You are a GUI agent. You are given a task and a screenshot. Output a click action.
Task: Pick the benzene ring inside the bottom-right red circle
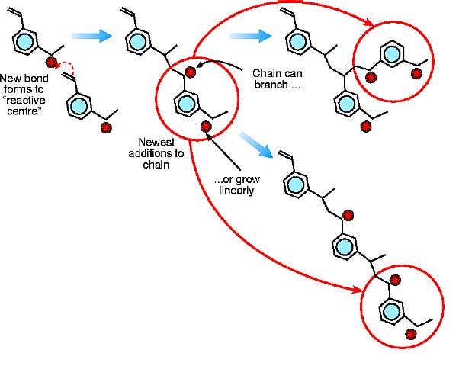[392, 312]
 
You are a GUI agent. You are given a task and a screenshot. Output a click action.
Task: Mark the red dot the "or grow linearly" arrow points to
[204, 126]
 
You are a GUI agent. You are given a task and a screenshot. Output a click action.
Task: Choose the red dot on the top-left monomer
[51, 61]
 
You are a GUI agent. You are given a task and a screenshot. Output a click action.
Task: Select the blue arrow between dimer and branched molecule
[249, 36]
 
